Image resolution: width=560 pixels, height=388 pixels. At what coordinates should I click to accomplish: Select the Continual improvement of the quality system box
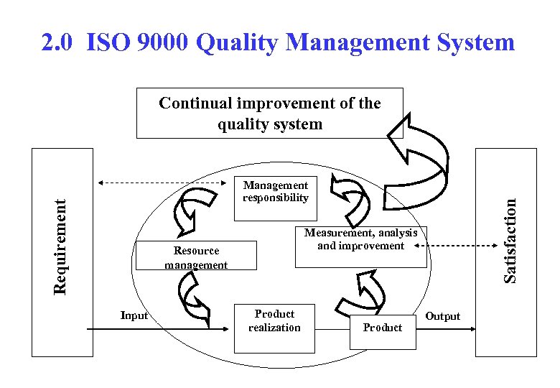tap(269, 113)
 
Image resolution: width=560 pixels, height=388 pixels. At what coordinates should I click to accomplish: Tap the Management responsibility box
tap(275, 192)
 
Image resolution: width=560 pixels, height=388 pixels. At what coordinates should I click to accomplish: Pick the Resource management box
tap(196, 257)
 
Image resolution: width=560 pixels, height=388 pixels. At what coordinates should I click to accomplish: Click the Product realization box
tap(274, 328)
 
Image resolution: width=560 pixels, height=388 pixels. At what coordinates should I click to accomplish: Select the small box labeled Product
tap(382, 332)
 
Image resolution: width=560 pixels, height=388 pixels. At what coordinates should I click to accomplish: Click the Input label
tap(134, 315)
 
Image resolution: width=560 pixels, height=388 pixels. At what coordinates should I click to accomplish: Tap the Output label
tap(443, 316)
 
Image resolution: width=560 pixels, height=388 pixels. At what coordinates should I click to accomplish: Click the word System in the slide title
tap(472, 43)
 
